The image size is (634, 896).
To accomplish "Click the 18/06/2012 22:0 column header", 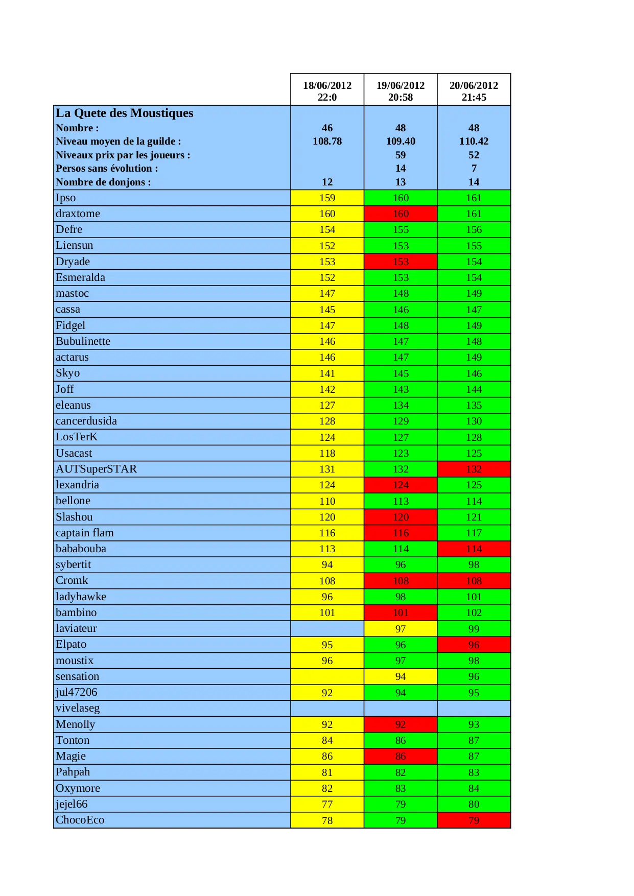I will coord(327,91).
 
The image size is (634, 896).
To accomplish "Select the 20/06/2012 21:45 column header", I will coord(474,91).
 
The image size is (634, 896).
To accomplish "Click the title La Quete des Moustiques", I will coord(125,113).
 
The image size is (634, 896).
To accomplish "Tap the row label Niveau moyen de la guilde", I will coord(118,141).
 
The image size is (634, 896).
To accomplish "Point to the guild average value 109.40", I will coord(401,141).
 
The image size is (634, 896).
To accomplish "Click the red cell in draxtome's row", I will coord(401,214).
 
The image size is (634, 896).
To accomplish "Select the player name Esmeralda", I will coord(80,277).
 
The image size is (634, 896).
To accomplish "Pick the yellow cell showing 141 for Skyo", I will coord(327,373).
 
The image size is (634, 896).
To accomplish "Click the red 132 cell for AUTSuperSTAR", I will coord(474,469).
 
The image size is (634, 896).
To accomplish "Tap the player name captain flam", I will coord(85,533).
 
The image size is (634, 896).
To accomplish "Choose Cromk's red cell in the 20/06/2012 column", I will coord(474,581).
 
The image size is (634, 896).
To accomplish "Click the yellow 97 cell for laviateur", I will coord(401,629).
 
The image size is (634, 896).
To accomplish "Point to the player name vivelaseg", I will coord(78,708).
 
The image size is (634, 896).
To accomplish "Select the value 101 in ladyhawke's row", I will coord(474,597).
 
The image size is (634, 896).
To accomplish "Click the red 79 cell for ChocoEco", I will coord(474,820).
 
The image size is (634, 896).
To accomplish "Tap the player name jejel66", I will coord(72,804).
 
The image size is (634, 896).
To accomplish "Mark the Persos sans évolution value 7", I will coord(474,168).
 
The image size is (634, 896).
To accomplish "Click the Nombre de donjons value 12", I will coord(327,182).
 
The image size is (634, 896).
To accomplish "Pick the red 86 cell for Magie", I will coord(401,756).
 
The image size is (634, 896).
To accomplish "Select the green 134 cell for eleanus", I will coord(401,405).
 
